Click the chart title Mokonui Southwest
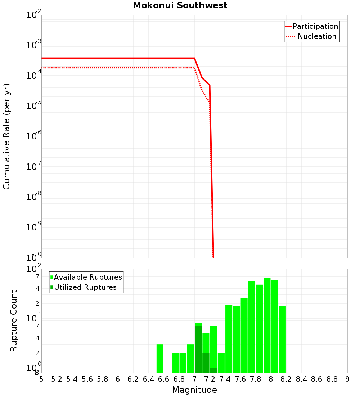180,6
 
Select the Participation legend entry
315,27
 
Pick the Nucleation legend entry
316,37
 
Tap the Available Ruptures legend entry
88,278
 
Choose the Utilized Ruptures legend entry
85,288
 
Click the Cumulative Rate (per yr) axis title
6,136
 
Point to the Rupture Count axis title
14,321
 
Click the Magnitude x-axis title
194,390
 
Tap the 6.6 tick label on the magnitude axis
163,379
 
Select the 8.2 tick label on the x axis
286,379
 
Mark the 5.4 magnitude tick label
72,379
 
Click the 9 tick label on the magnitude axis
347,379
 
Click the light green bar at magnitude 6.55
160,358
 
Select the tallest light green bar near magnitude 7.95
267,324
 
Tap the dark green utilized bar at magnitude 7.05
198,349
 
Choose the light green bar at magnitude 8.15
282,338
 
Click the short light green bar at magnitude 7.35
221,363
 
